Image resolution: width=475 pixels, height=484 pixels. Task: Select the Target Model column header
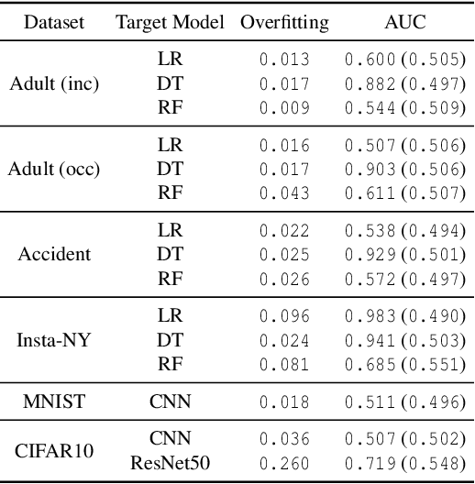point(170,22)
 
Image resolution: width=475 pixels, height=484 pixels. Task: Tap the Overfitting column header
point(283,22)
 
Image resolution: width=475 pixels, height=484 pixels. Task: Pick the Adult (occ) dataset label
point(54,170)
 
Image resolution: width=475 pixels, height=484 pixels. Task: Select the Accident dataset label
point(54,253)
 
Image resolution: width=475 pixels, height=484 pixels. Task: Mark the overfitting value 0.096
point(283,315)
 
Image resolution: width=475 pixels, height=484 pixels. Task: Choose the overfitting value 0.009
point(283,107)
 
